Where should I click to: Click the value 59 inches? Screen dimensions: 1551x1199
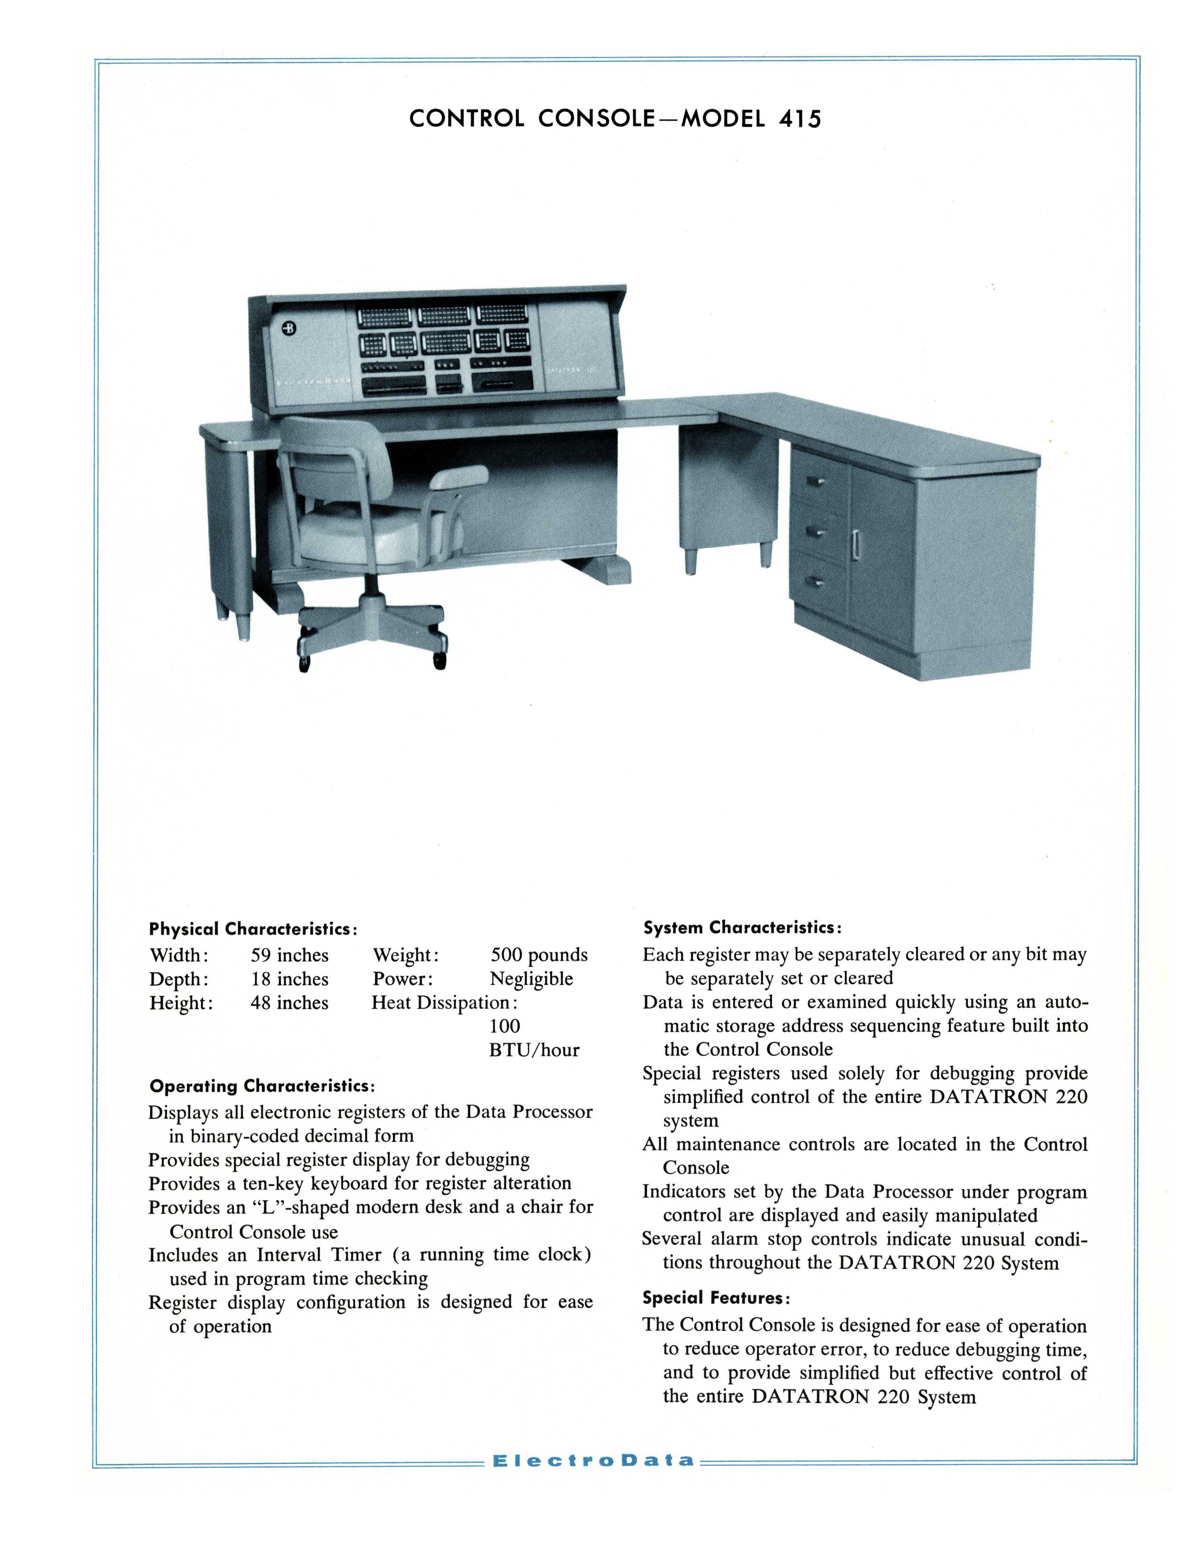click(289, 955)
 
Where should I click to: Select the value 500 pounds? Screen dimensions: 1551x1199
click(539, 955)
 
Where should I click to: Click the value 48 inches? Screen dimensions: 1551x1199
click(289, 1003)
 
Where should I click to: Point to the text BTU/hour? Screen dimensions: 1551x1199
click(534, 1050)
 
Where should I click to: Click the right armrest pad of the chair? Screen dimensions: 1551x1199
click(459, 477)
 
